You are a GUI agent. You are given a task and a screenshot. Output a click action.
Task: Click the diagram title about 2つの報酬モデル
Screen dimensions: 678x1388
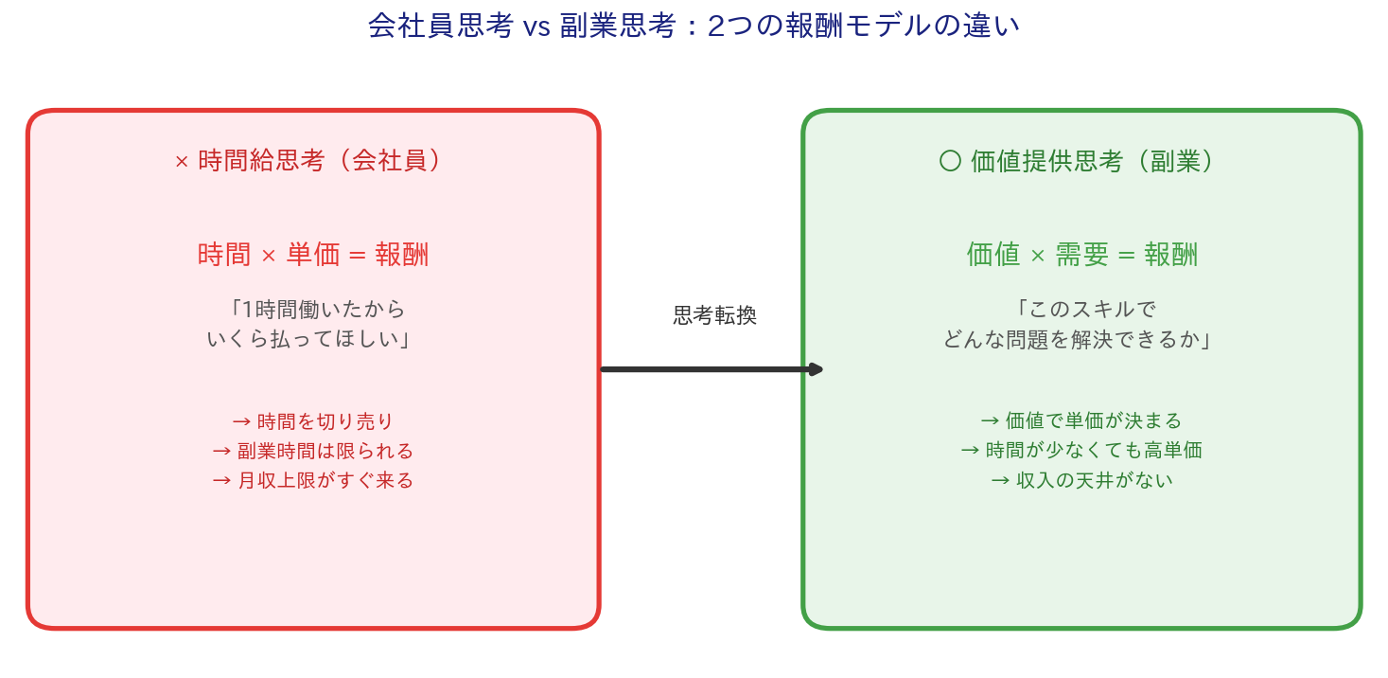(x=694, y=26)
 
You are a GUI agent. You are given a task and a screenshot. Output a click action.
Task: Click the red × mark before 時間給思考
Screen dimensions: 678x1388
(x=182, y=162)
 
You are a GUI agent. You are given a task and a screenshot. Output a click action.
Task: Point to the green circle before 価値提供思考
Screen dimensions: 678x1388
(x=950, y=161)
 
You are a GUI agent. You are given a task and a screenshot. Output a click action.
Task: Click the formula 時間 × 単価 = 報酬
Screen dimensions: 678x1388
(x=313, y=255)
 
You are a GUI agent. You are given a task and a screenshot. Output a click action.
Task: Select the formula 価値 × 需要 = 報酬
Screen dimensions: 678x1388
(x=1082, y=255)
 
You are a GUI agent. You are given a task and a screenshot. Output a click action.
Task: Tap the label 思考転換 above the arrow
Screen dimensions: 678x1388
(x=714, y=315)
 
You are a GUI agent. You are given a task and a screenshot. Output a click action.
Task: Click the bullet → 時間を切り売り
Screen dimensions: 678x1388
(x=313, y=420)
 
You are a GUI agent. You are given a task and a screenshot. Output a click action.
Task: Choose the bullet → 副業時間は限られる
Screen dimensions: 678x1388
(x=313, y=451)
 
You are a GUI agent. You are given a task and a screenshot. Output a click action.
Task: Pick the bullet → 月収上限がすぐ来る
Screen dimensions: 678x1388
(x=313, y=480)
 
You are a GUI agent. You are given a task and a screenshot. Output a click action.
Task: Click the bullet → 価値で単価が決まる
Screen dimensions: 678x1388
(x=1081, y=420)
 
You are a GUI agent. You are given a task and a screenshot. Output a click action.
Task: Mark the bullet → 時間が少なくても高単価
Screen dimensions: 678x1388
(x=1081, y=450)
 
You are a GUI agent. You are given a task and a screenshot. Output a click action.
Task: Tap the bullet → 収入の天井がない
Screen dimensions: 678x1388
(x=1081, y=480)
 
